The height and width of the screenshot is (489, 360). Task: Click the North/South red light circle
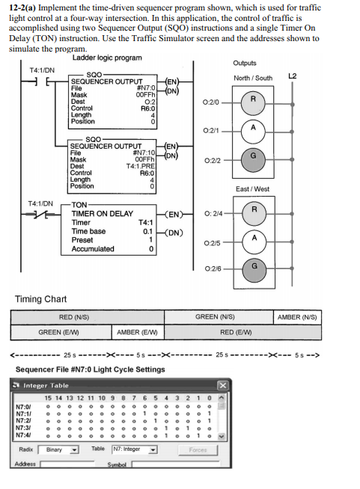tap(254, 99)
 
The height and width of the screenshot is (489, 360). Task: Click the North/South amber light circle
tap(254, 128)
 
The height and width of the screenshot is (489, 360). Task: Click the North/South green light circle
tap(254, 156)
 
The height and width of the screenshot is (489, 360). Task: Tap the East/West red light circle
tap(254, 210)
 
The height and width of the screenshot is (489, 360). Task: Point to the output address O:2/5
tap(211, 242)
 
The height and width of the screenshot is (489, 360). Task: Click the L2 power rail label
tap(293, 76)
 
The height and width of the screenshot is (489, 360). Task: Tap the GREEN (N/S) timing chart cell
tap(219, 317)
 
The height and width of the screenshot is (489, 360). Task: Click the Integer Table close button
tap(222, 385)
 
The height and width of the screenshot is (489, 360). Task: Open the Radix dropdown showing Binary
tap(61, 449)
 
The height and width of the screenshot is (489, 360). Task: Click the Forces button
tap(198, 449)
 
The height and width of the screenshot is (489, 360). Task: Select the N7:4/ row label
tap(24, 434)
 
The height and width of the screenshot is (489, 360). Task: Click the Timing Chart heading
tap(41, 300)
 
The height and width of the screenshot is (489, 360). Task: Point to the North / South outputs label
tap(253, 78)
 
